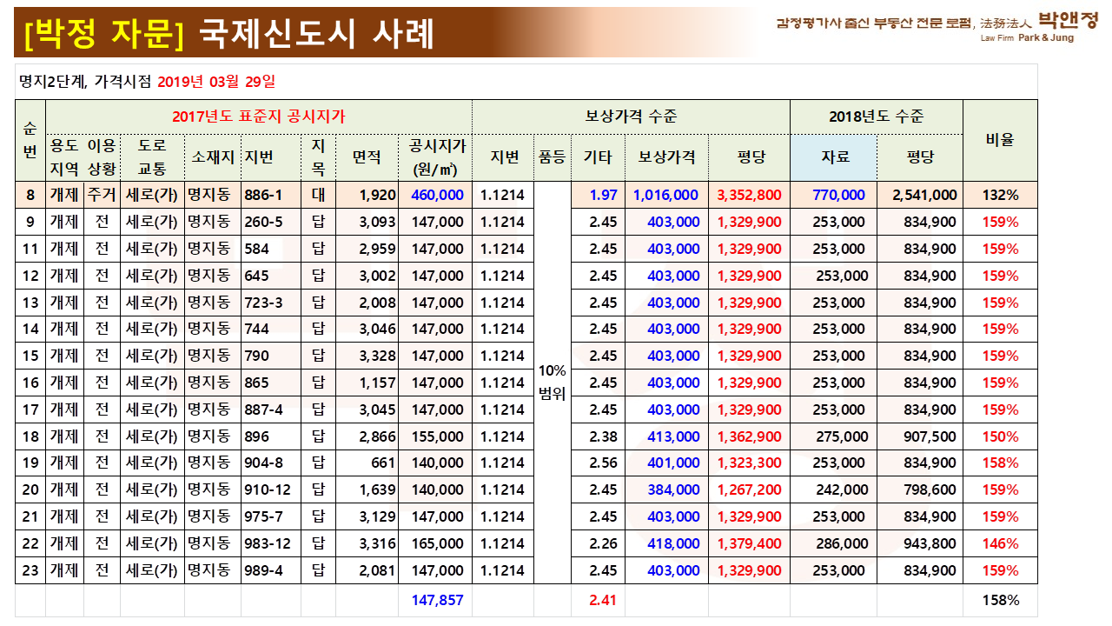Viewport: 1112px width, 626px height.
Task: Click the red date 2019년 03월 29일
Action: (216, 82)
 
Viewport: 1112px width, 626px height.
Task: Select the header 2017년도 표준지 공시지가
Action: (258, 117)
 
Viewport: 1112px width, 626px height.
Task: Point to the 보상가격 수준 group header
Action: (631, 117)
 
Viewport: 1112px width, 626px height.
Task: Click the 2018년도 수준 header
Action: (876, 117)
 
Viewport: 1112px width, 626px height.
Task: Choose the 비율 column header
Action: (1000, 139)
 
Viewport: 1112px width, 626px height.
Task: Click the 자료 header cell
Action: (833, 157)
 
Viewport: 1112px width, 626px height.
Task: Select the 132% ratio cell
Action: (1000, 195)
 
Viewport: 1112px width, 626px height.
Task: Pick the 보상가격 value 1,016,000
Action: (666, 195)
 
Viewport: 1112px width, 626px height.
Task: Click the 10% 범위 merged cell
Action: (553, 383)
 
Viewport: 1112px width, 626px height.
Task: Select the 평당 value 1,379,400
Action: (750, 543)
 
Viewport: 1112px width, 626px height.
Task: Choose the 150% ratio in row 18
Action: (1000, 436)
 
